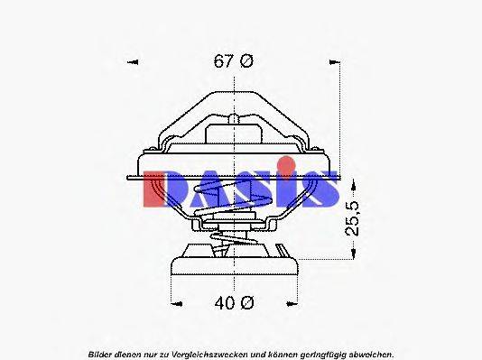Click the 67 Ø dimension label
234,61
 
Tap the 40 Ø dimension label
234,303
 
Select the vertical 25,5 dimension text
354,218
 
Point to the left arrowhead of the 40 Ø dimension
174,303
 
